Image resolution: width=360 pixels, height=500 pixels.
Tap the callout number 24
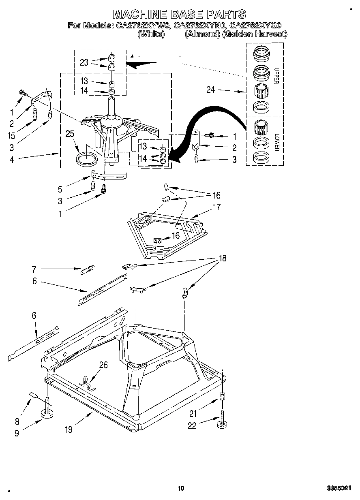coord(210,90)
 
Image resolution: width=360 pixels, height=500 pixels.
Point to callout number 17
coord(217,207)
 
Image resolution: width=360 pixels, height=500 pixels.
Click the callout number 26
coord(103,365)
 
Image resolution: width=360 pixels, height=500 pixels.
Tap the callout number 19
coord(69,429)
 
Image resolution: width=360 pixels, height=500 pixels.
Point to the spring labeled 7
coord(88,269)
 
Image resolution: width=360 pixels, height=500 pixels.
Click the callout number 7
coord(34,268)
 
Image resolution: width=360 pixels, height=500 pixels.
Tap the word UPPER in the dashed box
coord(276,75)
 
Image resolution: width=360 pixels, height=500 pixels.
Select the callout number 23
coord(84,62)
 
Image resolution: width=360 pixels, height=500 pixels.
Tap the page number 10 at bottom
coord(181,488)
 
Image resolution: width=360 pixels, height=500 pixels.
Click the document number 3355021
coord(339,489)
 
